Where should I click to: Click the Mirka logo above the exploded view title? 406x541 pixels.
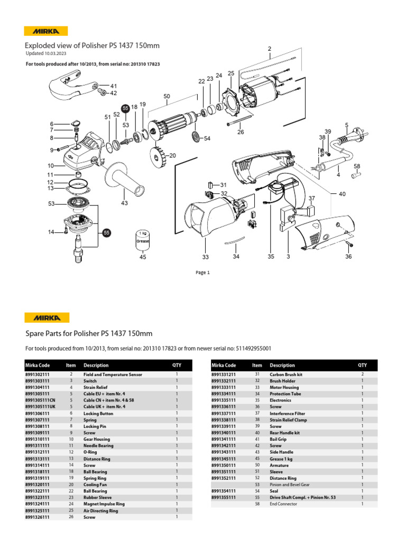[47, 31]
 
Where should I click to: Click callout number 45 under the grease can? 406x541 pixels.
[142, 257]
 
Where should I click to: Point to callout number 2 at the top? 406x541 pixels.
[269, 49]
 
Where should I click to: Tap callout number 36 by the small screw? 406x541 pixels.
[348, 256]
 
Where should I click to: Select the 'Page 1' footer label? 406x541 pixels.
[202, 273]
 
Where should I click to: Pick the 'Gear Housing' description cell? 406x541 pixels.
[97, 439]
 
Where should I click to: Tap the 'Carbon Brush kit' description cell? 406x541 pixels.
[285, 374]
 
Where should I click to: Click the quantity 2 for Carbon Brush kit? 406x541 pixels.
[362, 374]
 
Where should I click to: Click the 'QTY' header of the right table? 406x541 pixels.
[362, 365]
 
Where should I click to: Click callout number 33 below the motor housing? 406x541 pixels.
[205, 257]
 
